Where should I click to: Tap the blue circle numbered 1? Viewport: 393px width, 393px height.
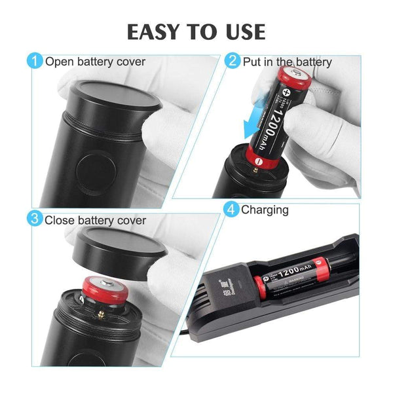pos(34,62)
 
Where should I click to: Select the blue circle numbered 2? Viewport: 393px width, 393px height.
pos(232,62)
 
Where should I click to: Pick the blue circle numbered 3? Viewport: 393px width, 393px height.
pos(34,219)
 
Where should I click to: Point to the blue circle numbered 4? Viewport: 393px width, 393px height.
pos(231,210)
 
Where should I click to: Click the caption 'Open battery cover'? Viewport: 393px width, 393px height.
pos(95,62)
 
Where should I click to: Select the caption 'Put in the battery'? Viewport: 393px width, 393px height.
pos(288,62)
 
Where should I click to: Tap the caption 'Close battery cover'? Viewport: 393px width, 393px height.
pos(96,220)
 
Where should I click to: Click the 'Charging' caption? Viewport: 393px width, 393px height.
pos(265,210)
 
